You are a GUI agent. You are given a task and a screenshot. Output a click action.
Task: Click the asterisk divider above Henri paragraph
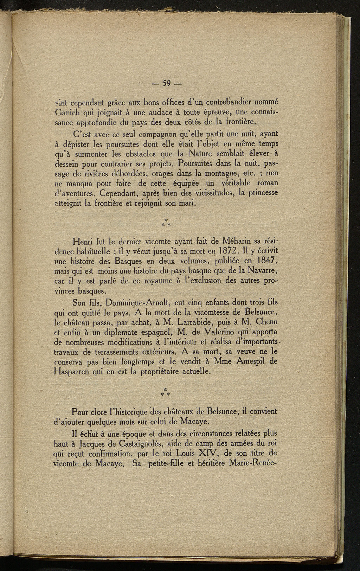point(165,222)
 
